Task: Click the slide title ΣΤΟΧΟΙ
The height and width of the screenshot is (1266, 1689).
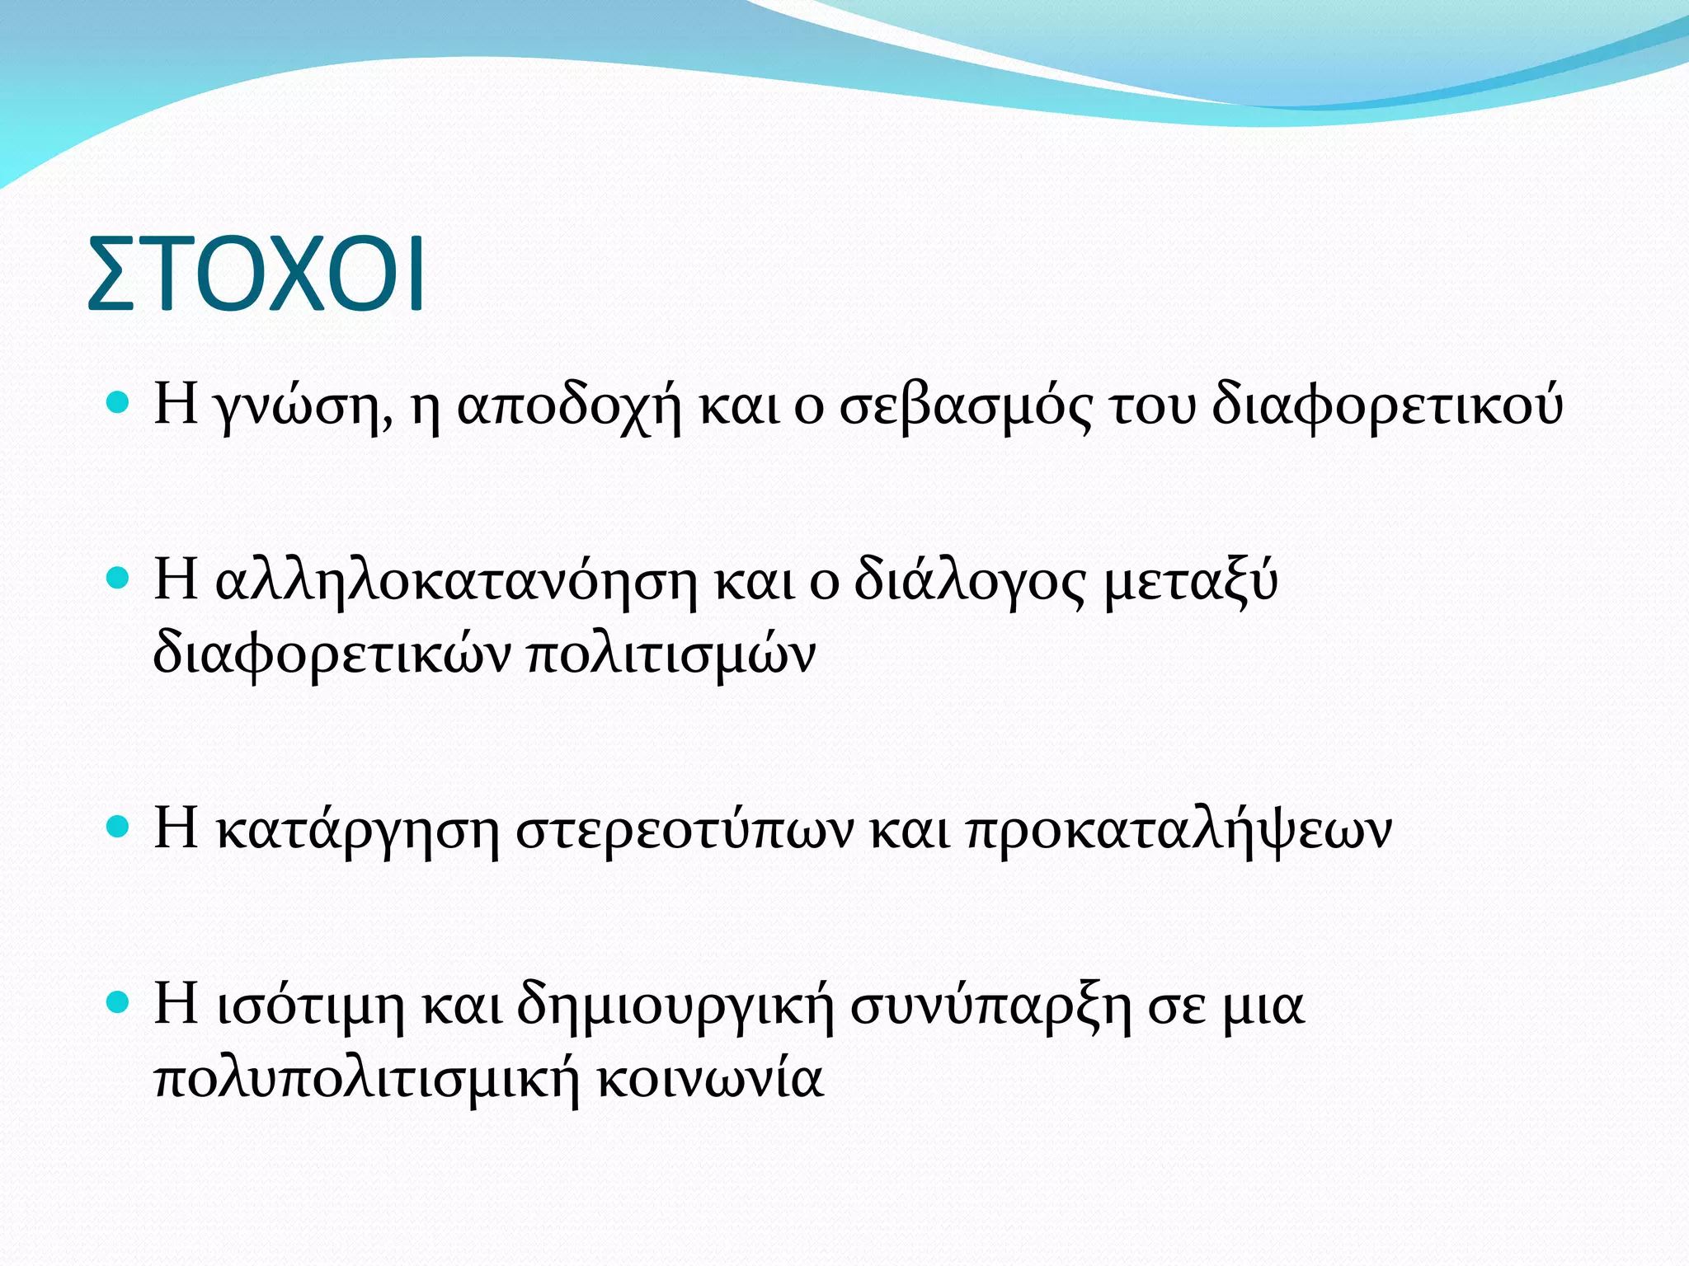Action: [x=256, y=274]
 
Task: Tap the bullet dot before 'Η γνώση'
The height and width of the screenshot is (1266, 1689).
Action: [x=119, y=402]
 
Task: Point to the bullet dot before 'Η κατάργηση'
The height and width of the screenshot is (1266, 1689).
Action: [x=119, y=827]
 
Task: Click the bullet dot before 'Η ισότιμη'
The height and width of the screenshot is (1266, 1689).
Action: [x=119, y=1002]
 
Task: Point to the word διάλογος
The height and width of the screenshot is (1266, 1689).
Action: [x=970, y=581]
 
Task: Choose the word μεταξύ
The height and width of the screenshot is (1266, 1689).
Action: [x=1191, y=581]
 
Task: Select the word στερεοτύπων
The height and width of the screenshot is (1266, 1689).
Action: [x=685, y=831]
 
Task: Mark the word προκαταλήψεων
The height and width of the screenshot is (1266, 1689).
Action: [x=1179, y=831]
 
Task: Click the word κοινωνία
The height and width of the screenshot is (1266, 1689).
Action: [x=710, y=1080]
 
